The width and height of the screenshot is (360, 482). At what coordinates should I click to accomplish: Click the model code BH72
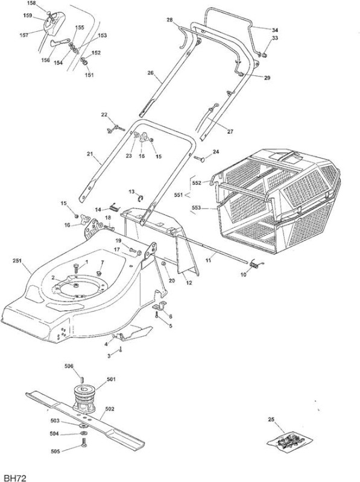(13, 477)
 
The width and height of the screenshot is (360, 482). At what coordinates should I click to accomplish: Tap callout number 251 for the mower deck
(17, 261)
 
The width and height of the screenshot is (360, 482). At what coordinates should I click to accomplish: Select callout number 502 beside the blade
(110, 409)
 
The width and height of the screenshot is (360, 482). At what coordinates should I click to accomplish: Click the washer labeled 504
(84, 433)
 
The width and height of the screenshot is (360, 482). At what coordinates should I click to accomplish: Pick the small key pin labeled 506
(82, 380)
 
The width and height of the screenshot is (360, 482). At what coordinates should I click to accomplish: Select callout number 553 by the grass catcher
(197, 207)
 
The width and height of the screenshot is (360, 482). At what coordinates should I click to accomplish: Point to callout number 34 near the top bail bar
(275, 30)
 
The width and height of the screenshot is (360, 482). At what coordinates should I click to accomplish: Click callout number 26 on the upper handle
(151, 73)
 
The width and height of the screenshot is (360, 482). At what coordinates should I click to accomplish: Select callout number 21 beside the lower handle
(89, 154)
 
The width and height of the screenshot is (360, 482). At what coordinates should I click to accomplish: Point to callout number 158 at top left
(31, 3)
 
